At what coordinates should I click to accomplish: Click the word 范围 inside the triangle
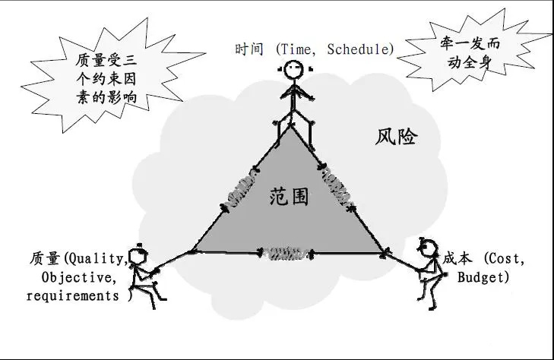point(289,197)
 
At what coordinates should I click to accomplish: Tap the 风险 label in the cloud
point(396,137)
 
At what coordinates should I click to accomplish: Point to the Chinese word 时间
point(249,49)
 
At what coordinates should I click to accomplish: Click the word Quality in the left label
point(97,259)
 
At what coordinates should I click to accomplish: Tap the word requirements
point(73,295)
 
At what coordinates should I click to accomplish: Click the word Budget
point(480,277)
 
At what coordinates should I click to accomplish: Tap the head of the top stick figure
point(294,69)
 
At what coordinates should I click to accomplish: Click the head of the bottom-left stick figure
point(138,256)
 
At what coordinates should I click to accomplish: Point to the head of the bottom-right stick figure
point(428,248)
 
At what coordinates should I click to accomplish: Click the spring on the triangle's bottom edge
point(286,254)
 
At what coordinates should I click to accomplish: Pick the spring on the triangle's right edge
point(336,188)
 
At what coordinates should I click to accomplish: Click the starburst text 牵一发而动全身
point(470,53)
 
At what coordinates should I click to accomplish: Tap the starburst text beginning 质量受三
point(106,79)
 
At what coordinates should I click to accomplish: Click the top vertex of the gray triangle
point(291,127)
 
